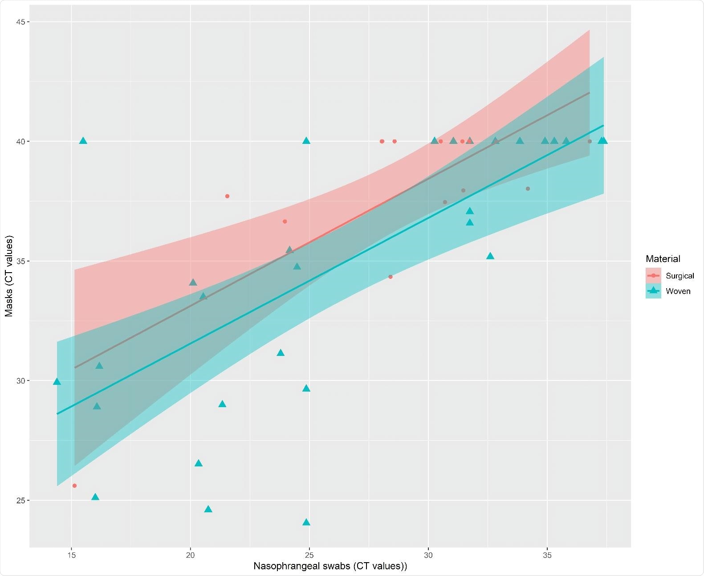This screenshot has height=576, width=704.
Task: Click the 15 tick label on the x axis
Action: coord(71,555)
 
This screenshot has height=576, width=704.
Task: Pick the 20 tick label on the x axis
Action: coord(191,555)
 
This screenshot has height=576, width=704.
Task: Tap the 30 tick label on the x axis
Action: coord(428,555)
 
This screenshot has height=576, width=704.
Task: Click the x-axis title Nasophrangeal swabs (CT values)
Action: coord(330,566)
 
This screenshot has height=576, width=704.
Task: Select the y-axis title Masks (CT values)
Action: coord(9,276)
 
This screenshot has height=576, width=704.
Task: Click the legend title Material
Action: coord(663,259)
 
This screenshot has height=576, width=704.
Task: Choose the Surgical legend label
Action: coord(680,276)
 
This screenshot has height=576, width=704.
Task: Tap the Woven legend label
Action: coord(678,291)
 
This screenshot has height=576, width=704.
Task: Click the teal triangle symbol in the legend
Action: coord(653,291)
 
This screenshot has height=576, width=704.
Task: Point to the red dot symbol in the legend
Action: coord(653,276)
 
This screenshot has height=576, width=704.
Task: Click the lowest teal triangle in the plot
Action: coord(306,522)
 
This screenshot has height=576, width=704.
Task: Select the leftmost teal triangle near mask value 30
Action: coord(57,381)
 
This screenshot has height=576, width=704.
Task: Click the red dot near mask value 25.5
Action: coord(74,486)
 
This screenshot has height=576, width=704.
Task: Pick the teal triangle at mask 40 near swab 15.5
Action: coord(83,141)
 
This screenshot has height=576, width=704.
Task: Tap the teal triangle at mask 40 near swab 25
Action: coord(306,141)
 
